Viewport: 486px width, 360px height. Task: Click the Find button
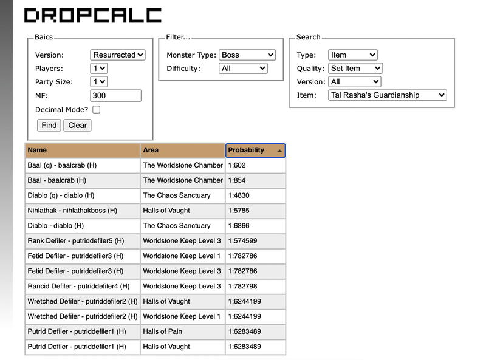49,126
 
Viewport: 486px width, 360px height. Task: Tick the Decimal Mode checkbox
96,110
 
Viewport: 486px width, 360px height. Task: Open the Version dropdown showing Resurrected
118,55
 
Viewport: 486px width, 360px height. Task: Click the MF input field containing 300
115,95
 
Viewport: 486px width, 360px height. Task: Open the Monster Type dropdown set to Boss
247,55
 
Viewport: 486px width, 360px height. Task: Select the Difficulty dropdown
243,69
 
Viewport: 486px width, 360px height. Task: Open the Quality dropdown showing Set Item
355,69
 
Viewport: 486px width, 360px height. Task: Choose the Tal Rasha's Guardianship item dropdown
388,95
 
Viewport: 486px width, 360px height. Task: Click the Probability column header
255,150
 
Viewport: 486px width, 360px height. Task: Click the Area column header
182,150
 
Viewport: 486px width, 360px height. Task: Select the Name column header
82,150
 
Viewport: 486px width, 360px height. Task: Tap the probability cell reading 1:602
255,165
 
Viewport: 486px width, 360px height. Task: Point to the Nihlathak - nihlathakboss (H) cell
82,211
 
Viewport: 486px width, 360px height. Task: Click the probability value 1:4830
255,195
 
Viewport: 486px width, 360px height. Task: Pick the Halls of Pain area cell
182,331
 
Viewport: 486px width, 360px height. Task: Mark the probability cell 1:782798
255,286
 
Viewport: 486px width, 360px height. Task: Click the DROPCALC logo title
92,16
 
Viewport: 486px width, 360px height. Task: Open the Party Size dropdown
98,82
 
